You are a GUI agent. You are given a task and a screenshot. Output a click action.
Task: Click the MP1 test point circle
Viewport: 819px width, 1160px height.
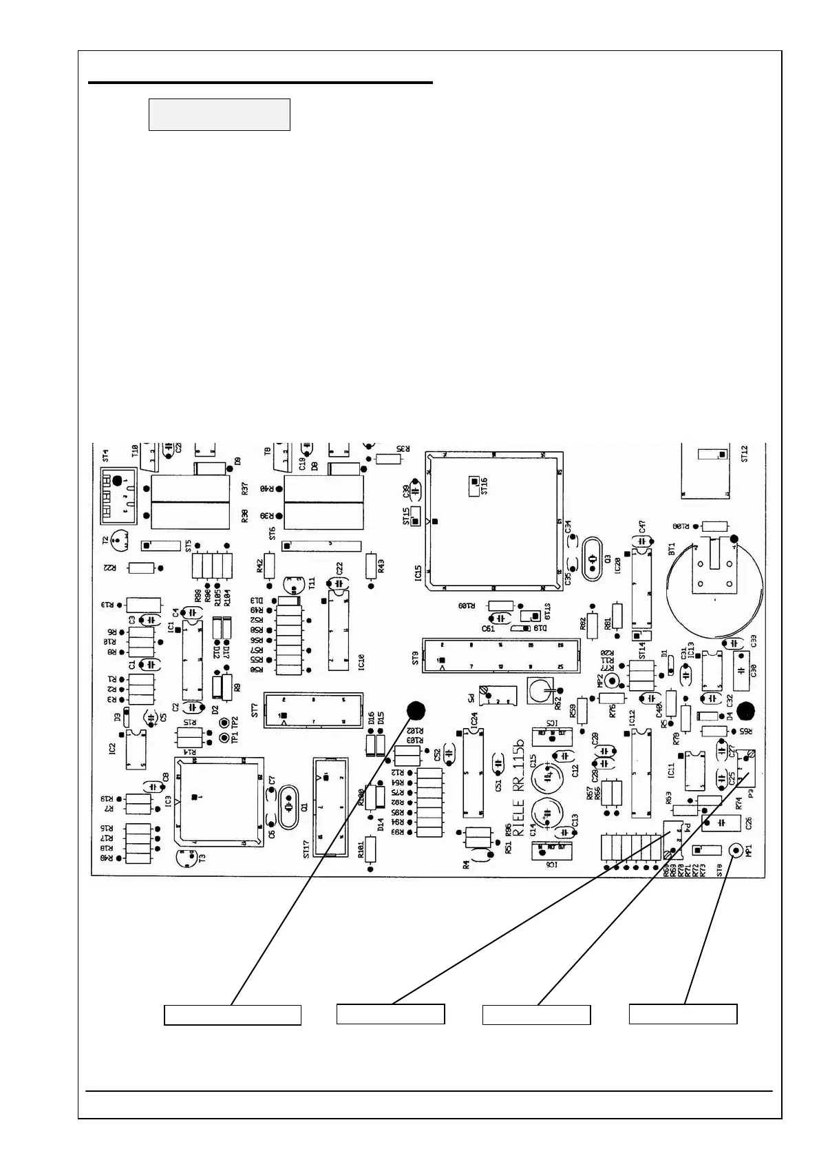734,851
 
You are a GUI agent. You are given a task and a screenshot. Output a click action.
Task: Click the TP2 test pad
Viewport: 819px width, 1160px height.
224,723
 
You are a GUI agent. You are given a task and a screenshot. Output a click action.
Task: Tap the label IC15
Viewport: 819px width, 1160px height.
418,574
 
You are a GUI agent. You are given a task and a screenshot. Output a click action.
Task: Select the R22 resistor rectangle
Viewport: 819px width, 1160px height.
142,568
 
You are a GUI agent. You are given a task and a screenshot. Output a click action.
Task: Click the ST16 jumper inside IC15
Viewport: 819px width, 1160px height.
475,480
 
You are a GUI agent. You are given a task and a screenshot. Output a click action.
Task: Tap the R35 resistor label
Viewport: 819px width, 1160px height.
403,447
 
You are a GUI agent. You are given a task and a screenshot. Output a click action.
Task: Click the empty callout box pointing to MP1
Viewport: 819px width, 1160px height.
683,1014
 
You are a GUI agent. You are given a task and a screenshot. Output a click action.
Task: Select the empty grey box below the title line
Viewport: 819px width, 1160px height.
220,114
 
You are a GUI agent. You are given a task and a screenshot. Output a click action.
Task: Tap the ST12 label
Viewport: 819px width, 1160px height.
744,454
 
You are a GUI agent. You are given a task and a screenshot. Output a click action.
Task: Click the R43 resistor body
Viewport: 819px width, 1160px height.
372,566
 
